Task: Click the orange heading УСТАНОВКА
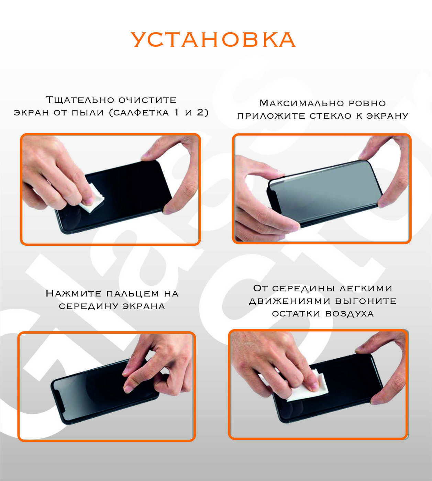(x=213, y=40)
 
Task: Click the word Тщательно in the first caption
(x=80, y=100)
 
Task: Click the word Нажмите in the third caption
(x=74, y=293)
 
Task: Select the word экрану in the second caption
(x=387, y=116)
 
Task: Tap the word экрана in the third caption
(x=144, y=306)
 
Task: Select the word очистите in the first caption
(x=147, y=100)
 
